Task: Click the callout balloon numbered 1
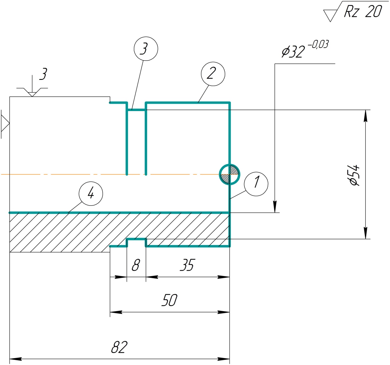(x=256, y=184)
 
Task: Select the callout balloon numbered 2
(x=213, y=74)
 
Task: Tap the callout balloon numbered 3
(x=146, y=49)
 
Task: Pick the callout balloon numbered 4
(x=91, y=193)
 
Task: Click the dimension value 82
(x=119, y=347)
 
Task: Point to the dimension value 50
(x=169, y=300)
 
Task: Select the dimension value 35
(x=187, y=265)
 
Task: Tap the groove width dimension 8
(x=136, y=265)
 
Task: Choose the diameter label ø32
(x=293, y=52)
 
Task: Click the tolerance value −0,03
(x=318, y=44)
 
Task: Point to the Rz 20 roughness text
(x=363, y=12)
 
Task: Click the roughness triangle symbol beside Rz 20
(x=330, y=15)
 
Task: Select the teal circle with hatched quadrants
(x=229, y=174)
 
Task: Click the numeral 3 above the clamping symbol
(x=43, y=74)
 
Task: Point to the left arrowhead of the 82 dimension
(x=15, y=359)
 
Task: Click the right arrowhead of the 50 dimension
(x=224, y=312)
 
